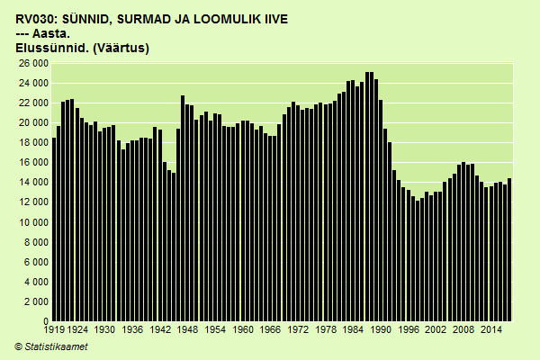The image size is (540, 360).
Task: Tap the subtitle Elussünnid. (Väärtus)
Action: pyautogui.click(x=83, y=48)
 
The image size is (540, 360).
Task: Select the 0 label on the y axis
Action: pyautogui.click(x=44, y=321)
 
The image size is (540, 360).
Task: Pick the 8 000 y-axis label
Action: pyautogui.click(x=35, y=242)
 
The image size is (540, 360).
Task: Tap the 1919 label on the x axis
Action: pyautogui.click(x=54, y=330)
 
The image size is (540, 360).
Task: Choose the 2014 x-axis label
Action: pyautogui.click(x=491, y=330)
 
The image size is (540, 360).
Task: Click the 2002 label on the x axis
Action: pyautogui.click(x=436, y=330)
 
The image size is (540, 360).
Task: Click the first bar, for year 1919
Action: pyautogui.click(x=54, y=229)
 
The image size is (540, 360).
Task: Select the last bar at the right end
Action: pyautogui.click(x=509, y=250)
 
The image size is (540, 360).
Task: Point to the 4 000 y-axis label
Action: pyautogui.click(x=35, y=282)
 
